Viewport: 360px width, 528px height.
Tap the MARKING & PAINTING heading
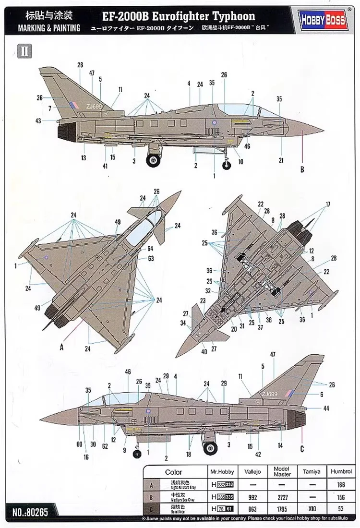[x=49, y=27]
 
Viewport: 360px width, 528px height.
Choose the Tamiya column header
[x=310, y=472]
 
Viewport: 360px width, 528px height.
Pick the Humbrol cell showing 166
[x=341, y=485]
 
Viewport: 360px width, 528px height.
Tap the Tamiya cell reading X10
[x=310, y=509]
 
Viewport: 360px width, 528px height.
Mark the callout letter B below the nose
[x=302, y=168]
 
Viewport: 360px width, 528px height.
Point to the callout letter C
[x=302, y=449]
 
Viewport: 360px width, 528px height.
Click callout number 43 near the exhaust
[x=38, y=121]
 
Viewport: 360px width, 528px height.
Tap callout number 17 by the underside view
[x=328, y=204]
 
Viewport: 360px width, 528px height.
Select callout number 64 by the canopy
[x=150, y=249]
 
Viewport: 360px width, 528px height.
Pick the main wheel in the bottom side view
[x=210, y=447]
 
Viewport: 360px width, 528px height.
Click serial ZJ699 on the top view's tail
[x=94, y=107]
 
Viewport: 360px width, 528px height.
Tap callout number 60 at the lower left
[x=79, y=444]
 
